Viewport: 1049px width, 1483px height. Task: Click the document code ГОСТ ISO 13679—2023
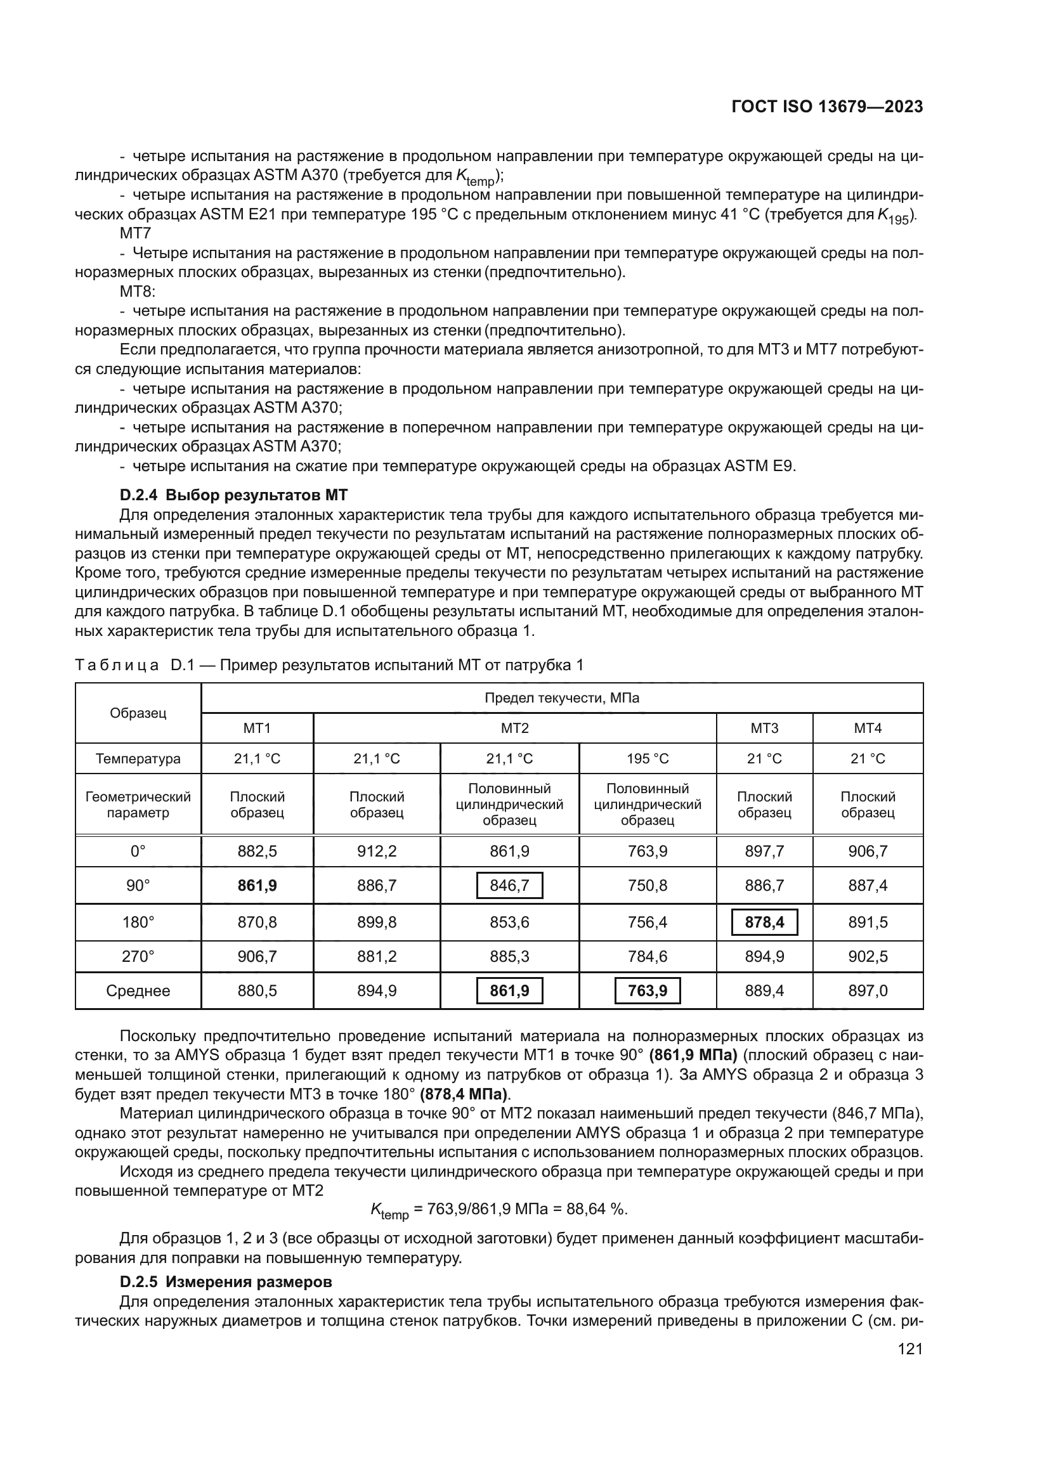tap(827, 107)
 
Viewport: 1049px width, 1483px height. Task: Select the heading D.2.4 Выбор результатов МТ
tap(233, 495)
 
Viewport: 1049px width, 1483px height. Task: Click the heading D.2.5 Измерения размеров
tap(225, 1281)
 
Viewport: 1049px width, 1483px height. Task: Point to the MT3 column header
tap(764, 728)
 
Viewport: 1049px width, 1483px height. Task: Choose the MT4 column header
tap(868, 728)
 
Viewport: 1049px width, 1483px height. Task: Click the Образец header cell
tap(138, 713)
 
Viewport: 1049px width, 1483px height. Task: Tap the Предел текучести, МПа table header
tap(561, 697)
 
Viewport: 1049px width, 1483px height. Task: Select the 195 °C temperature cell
tap(648, 758)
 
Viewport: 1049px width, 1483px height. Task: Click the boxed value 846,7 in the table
tap(509, 885)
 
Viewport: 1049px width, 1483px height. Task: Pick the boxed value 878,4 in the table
tap(764, 922)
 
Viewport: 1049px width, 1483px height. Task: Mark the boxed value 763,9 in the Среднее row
tap(648, 990)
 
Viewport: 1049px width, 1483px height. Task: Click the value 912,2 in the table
tap(377, 852)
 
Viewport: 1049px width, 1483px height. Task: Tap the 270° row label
tap(138, 956)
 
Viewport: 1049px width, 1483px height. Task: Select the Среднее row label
tap(138, 990)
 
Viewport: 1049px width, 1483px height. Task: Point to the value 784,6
tap(648, 956)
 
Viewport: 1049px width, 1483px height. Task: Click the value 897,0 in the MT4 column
tap(868, 990)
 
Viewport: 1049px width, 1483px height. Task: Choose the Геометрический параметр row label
tap(138, 804)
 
